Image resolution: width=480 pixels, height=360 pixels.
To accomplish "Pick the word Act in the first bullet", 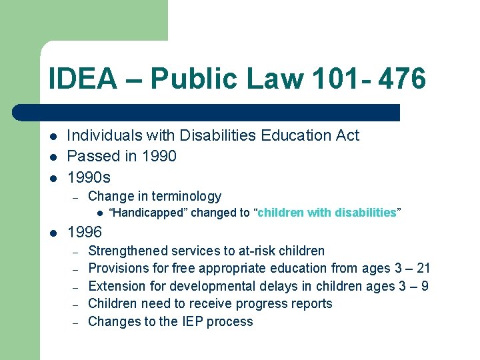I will point(347,135).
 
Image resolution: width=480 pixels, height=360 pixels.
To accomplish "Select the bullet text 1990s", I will point(89,178).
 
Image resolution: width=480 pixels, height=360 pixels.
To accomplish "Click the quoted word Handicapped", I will point(149,213).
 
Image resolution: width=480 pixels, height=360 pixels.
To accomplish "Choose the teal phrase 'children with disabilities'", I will point(327,213).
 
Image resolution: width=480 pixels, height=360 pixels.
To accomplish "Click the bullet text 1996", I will point(85,233).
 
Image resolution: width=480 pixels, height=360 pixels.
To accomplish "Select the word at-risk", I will point(250,251).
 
